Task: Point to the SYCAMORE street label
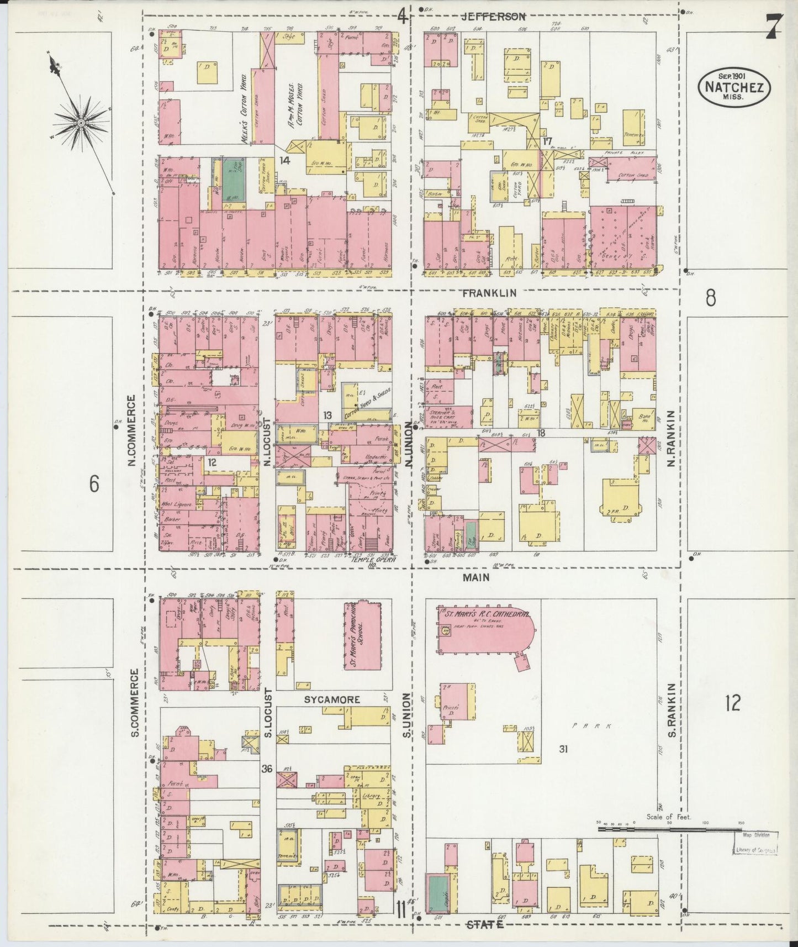coord(332,699)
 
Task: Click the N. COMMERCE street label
coord(131,430)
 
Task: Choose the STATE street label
coord(485,924)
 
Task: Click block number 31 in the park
coord(563,749)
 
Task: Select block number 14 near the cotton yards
coord(284,161)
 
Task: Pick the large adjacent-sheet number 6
coord(94,485)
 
